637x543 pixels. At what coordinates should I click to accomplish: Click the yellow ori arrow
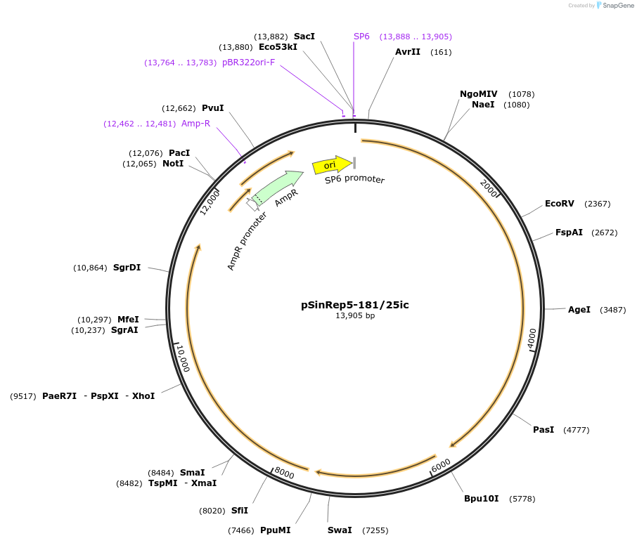pos(331,165)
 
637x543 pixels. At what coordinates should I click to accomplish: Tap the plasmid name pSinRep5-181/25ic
pos(355,305)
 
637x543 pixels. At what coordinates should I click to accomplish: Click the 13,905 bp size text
pos(355,316)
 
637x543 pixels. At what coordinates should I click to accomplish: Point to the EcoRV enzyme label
pos(560,204)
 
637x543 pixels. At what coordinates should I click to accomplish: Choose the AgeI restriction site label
pos(579,310)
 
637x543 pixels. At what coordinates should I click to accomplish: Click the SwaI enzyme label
pos(340,530)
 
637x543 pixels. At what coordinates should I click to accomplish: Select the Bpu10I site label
pos(481,499)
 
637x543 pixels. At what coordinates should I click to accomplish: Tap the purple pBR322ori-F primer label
pos(249,63)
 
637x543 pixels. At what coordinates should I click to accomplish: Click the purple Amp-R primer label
pos(196,124)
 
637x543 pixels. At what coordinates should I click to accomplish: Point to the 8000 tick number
pos(284,474)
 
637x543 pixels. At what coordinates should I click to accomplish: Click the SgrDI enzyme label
pos(127,268)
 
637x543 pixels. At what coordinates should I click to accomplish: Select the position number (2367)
pos(598,204)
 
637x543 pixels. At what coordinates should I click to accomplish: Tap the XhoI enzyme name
pos(143,396)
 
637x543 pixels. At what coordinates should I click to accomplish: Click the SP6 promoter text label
pos(354,180)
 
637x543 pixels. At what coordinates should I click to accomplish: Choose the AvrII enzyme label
pos(408,52)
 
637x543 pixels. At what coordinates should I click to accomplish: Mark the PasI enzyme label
pos(543,430)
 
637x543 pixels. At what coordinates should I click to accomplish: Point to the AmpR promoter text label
pos(247,241)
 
